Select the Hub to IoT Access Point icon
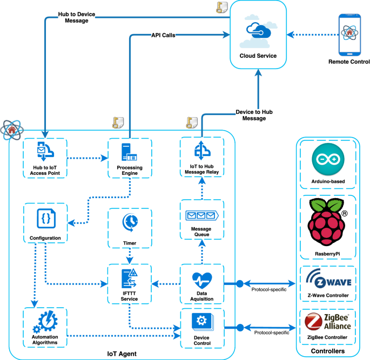tap(44, 153)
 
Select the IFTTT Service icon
tap(130, 279)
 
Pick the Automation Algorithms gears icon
tap(45, 323)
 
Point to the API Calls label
tap(163, 35)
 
